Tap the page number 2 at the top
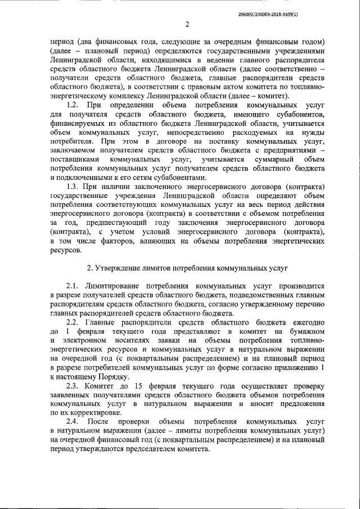coord(186,25)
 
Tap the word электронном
coord(87,341)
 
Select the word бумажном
coord(303,332)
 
